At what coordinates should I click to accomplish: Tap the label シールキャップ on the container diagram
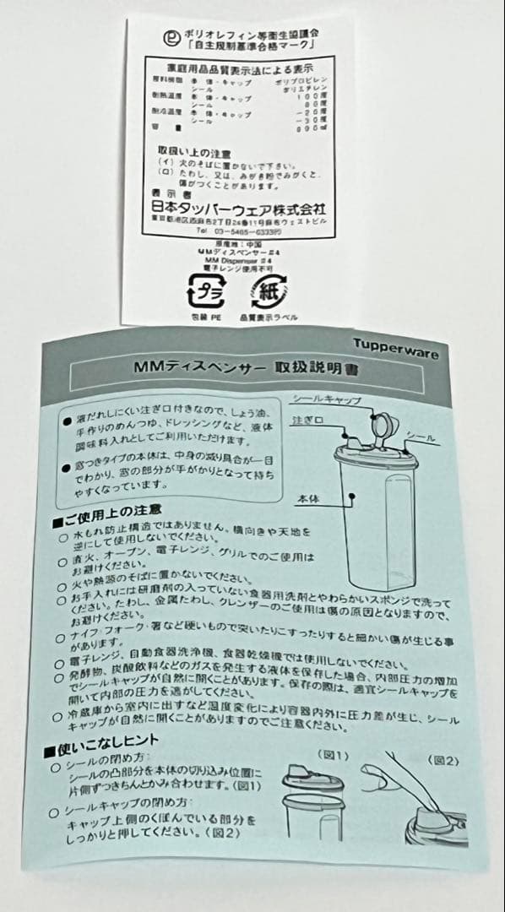click(325, 399)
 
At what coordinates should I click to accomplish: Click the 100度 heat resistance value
click(312, 99)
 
